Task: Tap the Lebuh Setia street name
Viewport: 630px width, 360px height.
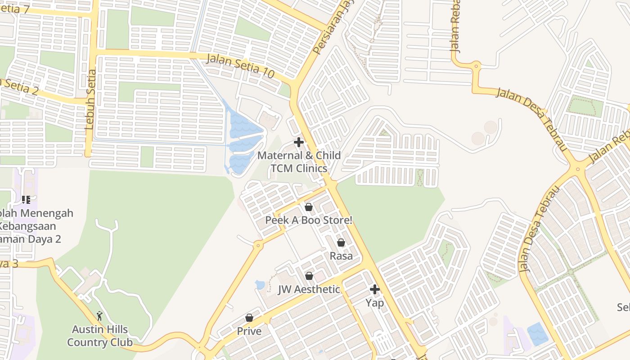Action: [91, 99]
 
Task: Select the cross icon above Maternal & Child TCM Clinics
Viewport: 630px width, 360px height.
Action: [298, 143]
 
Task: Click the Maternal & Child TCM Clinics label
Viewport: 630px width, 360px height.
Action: [299, 162]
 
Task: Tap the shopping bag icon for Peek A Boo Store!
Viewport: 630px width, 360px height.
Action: [309, 207]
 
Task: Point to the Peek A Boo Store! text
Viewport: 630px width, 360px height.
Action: [309, 220]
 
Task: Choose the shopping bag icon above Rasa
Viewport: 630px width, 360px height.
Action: [341, 243]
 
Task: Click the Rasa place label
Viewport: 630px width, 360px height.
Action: [341, 256]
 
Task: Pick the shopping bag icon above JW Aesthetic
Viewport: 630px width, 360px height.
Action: [309, 276]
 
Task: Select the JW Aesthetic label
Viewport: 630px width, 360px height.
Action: [309, 289]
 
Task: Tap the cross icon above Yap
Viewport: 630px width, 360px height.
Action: [375, 289]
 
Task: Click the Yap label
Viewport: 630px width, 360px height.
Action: [375, 303]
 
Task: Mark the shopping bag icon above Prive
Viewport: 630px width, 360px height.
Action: [249, 318]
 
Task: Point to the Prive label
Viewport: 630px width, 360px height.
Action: [249, 331]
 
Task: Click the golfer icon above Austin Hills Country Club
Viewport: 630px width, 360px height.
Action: [100, 316]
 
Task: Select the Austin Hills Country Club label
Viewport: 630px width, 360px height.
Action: [100, 336]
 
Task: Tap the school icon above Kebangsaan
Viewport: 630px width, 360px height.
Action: [26, 199]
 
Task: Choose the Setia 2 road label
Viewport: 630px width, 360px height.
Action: [20, 87]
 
